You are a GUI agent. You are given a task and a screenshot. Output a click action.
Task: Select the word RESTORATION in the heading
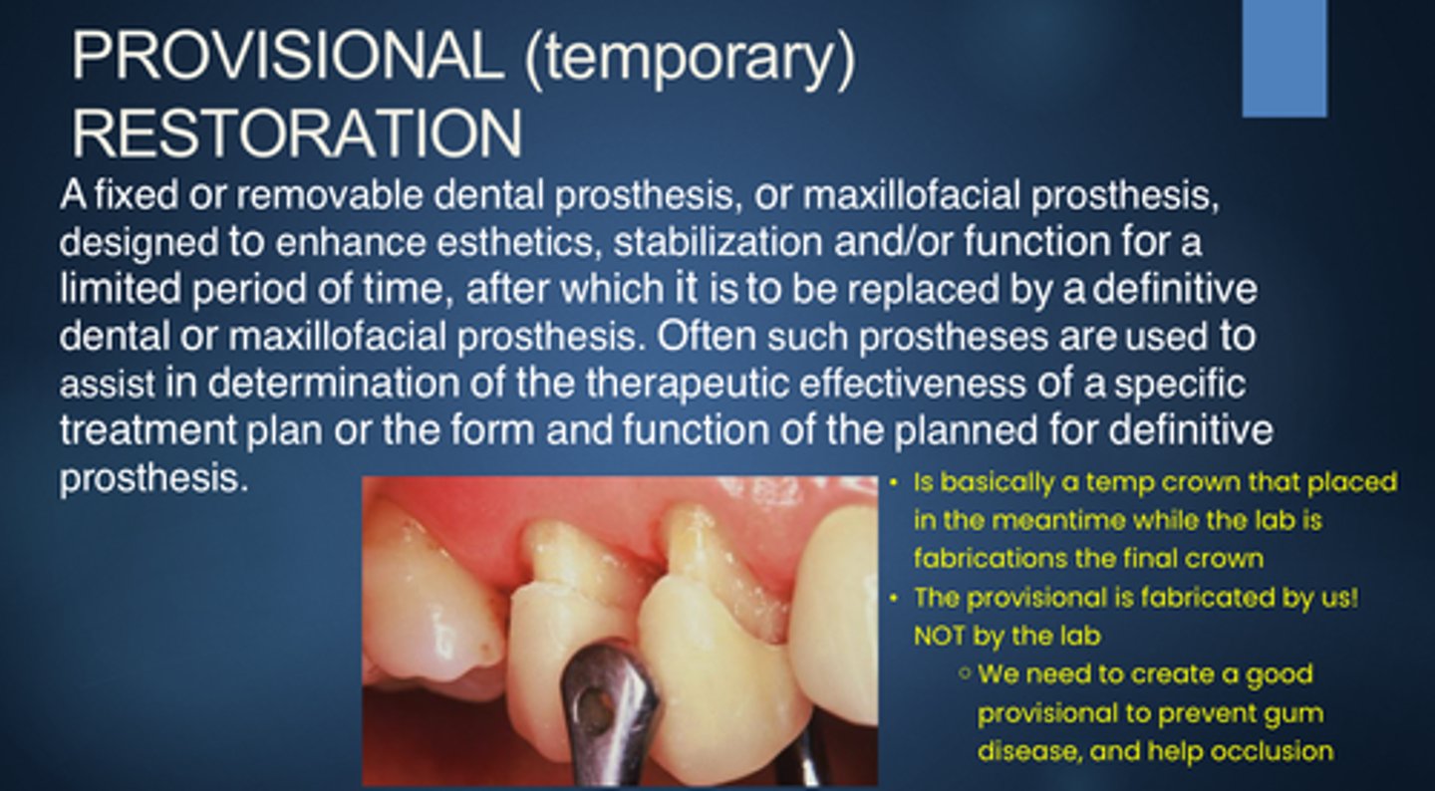(x=297, y=133)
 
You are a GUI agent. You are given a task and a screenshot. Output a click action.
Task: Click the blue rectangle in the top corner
(x=1285, y=59)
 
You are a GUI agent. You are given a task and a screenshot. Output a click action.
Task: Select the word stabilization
(x=717, y=242)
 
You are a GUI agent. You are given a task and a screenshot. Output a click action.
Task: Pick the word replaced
(x=925, y=290)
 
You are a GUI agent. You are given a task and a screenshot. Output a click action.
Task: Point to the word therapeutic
(x=688, y=384)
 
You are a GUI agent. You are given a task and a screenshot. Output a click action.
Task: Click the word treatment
(x=147, y=429)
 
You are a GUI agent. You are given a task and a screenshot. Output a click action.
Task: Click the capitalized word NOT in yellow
(x=939, y=636)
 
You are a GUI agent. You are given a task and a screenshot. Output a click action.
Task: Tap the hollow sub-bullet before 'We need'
(x=965, y=673)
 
